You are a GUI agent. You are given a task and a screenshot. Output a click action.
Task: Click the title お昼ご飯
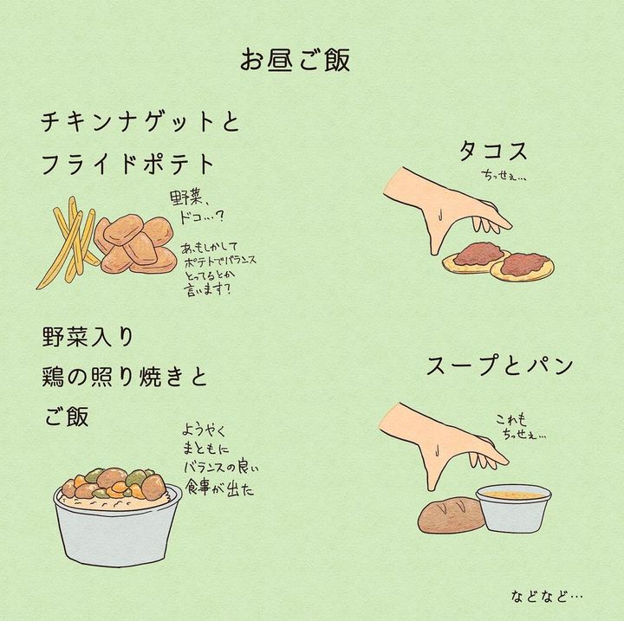coord(295,60)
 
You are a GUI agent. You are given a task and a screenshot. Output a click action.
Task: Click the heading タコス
coord(493,152)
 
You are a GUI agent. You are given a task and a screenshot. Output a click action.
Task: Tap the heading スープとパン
coord(499,365)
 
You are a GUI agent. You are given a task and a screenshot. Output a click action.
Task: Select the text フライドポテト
coord(128,164)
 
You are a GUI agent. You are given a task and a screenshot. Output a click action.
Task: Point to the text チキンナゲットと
coord(140,121)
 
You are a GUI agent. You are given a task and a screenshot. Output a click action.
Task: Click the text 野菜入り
coord(88,337)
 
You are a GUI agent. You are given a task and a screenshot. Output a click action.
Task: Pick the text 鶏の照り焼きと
coord(125,377)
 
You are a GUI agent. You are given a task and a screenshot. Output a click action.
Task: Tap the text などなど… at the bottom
coord(547,596)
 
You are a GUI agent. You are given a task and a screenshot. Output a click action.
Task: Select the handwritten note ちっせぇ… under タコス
coord(504,176)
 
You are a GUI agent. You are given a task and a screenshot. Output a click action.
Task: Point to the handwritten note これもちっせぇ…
coord(521,426)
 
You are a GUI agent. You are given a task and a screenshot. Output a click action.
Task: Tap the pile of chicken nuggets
coord(136,243)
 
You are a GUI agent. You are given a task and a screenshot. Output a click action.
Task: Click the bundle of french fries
coord(68,242)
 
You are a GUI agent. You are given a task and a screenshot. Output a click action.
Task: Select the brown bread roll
coord(452,514)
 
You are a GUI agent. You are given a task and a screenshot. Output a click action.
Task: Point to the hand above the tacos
coord(442,207)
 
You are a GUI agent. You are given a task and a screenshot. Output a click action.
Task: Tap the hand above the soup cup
coord(439,443)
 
